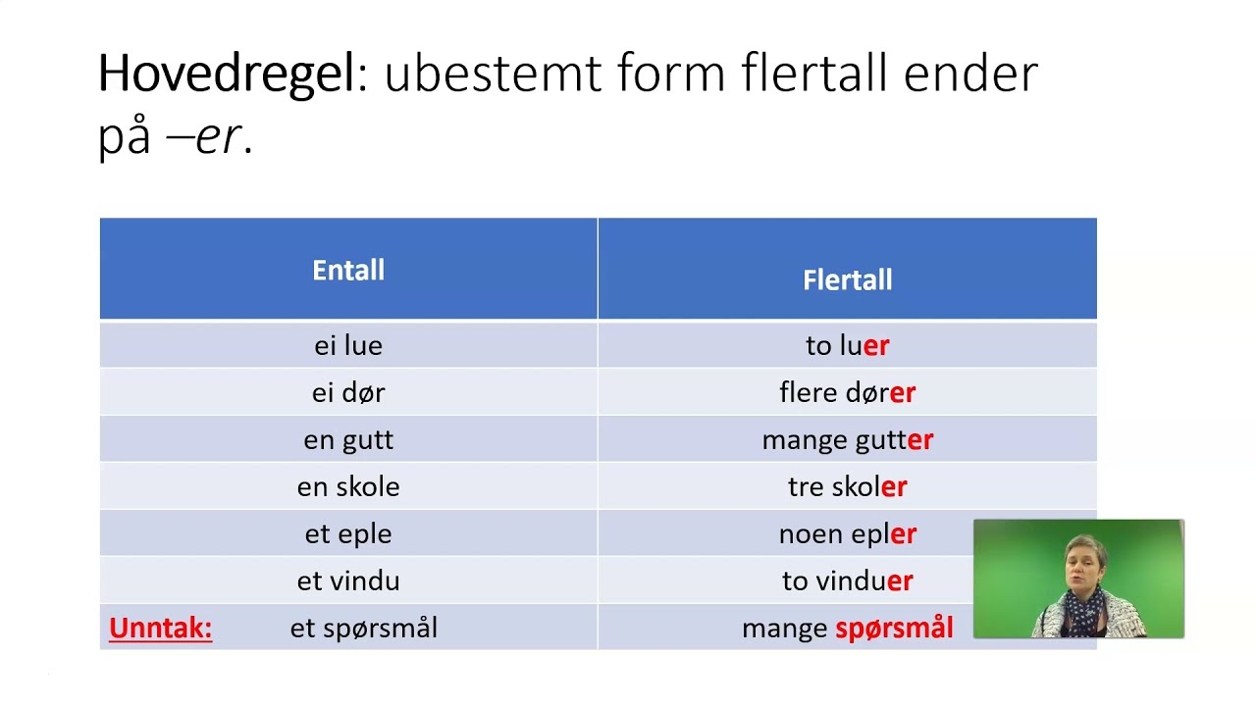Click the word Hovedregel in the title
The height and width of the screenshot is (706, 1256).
pos(226,74)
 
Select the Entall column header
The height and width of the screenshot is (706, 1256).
pos(348,271)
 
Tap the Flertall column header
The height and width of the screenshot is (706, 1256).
pos(847,280)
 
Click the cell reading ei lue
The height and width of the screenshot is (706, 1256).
pos(348,345)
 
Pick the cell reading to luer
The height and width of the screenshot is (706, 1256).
pos(847,345)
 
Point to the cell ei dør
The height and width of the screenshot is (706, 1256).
pos(348,392)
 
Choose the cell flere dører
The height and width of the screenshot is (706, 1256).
pos(847,392)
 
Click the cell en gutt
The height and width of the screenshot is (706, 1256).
pos(348,439)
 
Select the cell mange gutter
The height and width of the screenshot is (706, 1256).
pos(847,439)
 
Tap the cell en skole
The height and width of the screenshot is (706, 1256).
pos(348,486)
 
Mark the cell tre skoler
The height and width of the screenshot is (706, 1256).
pos(847,486)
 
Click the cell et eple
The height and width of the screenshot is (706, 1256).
pos(348,533)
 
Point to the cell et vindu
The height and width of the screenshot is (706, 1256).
pos(348,580)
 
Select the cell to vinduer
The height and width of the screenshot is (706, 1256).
pos(847,580)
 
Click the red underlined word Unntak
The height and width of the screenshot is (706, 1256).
pos(160,628)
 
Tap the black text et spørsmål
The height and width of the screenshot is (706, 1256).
pos(364,628)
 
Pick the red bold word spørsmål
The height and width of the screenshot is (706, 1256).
pos(894,628)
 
